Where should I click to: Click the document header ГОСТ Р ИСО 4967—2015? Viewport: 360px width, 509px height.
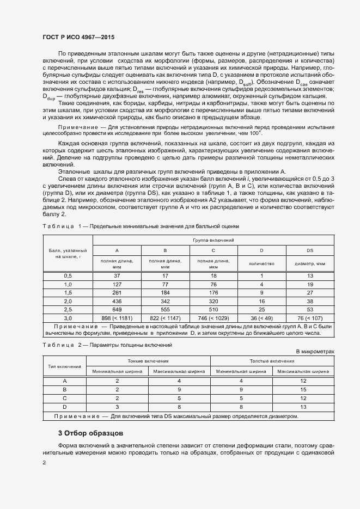[x=79, y=38]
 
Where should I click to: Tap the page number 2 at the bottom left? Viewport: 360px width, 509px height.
[x=44, y=463]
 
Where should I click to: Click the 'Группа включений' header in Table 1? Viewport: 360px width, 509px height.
[x=213, y=240]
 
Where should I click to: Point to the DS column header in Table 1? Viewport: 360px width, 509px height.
[x=310, y=250]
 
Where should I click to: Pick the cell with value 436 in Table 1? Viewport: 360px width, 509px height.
[x=117, y=301]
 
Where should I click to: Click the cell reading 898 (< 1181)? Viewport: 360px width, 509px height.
[x=117, y=317]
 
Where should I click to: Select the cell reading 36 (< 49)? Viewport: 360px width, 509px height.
[x=261, y=317]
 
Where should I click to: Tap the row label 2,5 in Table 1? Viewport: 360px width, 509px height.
[x=68, y=309]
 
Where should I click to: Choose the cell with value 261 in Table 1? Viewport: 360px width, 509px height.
[x=117, y=292]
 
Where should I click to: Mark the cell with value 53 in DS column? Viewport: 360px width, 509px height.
[x=310, y=309]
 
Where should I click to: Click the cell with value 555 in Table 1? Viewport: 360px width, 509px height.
[x=165, y=309]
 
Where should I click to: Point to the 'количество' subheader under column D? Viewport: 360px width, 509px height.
[x=261, y=263]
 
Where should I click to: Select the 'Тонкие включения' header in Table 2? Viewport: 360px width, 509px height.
[x=148, y=361]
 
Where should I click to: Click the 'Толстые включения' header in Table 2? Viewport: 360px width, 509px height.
[x=272, y=361]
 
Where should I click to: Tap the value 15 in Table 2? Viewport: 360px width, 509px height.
[x=303, y=389]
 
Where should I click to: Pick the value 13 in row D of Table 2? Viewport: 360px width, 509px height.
[x=303, y=406]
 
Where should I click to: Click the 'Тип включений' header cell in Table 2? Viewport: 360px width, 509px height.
[x=65, y=366]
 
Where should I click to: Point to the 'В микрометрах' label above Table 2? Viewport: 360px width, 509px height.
[x=315, y=352]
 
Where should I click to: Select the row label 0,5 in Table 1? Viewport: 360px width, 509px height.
[x=68, y=276]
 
